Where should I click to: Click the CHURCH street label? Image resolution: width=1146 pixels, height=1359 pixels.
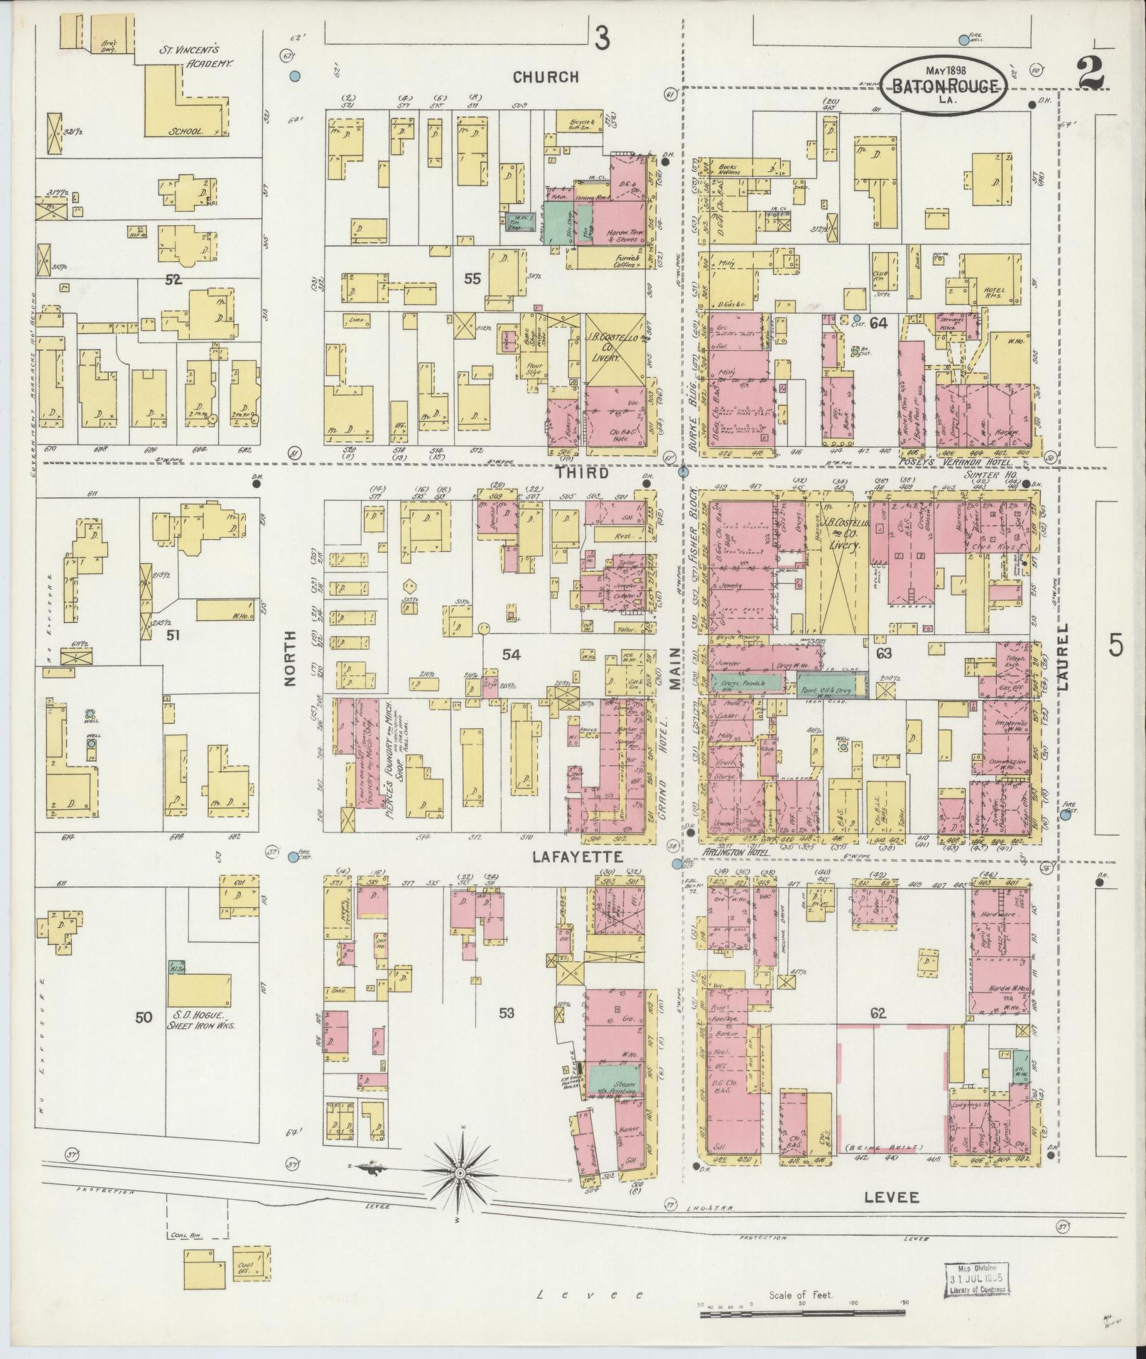546,77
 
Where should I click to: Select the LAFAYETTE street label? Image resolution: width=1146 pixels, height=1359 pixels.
578,857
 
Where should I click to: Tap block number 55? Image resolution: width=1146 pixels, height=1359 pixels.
472,278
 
